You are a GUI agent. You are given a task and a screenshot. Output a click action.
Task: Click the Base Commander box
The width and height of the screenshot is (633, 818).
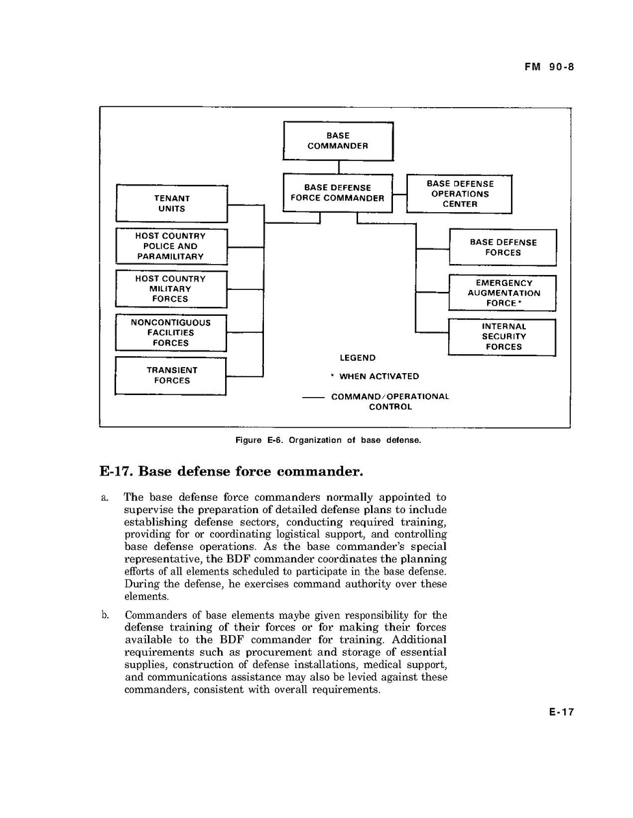[x=338, y=141]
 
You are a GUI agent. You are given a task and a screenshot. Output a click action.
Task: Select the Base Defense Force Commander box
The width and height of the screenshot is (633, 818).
[x=338, y=193]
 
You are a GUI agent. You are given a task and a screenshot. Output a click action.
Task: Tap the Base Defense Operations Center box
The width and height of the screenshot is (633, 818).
[x=459, y=194]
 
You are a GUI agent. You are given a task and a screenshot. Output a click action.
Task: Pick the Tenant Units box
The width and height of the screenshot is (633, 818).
[x=171, y=203]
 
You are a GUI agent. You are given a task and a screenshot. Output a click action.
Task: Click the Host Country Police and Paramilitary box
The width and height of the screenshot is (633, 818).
[x=171, y=246]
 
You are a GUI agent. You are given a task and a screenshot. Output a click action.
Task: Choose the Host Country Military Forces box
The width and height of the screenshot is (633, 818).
[x=171, y=289]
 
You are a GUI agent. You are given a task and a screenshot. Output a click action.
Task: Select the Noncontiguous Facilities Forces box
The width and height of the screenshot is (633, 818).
[x=171, y=333]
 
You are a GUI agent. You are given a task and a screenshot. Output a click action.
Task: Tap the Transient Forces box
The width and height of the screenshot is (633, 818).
[x=171, y=375]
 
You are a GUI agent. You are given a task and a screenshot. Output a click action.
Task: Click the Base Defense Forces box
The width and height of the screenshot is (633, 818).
[x=503, y=247]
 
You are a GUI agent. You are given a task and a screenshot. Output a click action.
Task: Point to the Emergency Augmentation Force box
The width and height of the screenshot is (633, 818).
[x=503, y=293]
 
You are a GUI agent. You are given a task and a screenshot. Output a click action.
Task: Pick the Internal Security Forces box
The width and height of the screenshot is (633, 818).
[x=503, y=337]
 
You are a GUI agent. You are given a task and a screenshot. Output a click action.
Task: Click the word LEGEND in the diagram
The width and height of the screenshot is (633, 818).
[x=357, y=357]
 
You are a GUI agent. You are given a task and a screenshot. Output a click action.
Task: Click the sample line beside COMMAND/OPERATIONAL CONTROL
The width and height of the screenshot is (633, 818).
[x=312, y=397]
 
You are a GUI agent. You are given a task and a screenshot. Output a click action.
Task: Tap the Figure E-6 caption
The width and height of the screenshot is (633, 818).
[x=327, y=440]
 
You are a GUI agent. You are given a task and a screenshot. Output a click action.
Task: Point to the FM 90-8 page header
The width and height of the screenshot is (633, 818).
[x=546, y=67]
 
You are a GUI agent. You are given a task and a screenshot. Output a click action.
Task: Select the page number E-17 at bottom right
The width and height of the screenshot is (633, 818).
[x=561, y=712]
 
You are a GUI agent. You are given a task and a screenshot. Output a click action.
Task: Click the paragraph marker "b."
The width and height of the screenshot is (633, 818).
[x=105, y=615]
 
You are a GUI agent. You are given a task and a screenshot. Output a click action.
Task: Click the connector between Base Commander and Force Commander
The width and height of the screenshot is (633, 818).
[x=338, y=167]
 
